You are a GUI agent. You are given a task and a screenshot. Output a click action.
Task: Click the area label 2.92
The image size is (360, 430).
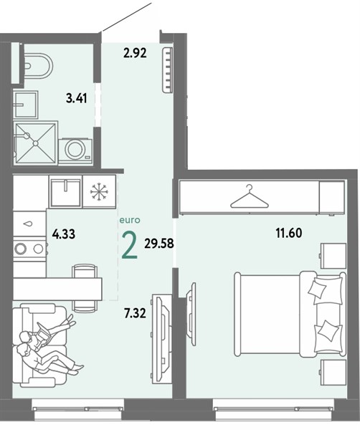(x=135, y=53)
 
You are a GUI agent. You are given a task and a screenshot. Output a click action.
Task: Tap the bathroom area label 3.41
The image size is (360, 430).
(x=77, y=98)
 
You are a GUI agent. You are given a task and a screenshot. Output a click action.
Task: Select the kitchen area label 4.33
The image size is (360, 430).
(x=64, y=234)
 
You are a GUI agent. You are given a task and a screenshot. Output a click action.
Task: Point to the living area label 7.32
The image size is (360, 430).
(x=135, y=313)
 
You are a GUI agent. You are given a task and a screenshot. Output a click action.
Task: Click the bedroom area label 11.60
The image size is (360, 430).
(x=289, y=233)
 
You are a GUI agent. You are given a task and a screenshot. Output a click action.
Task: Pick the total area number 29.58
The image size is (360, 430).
(x=159, y=243)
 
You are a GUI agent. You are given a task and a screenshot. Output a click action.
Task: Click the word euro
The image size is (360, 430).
(x=130, y=220)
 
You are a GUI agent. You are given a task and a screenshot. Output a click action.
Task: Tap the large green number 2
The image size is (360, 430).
(x=130, y=245)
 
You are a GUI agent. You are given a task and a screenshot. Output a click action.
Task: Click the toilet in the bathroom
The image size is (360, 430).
(x=38, y=66)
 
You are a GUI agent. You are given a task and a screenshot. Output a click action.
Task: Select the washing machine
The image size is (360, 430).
(x=75, y=150)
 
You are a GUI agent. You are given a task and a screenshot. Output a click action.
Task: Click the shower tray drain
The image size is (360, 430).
(x=36, y=143)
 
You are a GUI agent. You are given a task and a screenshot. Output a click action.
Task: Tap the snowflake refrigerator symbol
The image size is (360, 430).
(x=99, y=191)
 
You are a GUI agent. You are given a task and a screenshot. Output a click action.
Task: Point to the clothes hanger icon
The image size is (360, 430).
(x=249, y=196)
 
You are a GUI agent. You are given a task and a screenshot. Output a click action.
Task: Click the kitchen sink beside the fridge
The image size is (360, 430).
(x=66, y=191)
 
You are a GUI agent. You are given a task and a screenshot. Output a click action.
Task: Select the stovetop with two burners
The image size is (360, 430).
(x=29, y=249)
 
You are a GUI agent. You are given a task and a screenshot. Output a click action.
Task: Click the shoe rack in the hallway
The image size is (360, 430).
(x=167, y=70)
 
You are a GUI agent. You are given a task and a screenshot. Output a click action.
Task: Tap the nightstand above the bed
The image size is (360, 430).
(x=333, y=256)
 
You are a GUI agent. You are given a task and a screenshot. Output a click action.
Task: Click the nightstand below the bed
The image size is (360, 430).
(x=333, y=373)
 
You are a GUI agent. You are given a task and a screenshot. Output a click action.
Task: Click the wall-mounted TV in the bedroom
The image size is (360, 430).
(x=191, y=314)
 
